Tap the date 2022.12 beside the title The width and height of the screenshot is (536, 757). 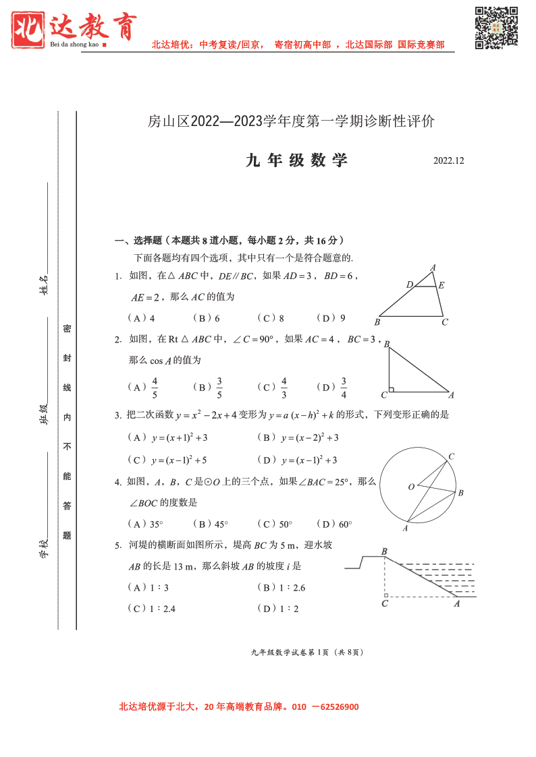[x=449, y=161]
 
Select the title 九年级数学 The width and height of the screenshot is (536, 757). [x=297, y=160]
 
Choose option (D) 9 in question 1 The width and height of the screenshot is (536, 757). [x=331, y=318]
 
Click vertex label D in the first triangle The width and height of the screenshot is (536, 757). [x=409, y=285]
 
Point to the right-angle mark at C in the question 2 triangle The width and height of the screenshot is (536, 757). [x=392, y=389]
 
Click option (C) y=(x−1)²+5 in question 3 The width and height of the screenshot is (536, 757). [x=167, y=460]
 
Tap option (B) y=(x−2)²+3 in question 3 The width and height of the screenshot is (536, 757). [x=298, y=438]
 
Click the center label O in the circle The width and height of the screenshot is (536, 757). [x=410, y=487]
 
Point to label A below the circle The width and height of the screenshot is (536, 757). [x=405, y=528]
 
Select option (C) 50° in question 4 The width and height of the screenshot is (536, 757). [x=275, y=524]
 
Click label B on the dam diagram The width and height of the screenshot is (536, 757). [x=384, y=551]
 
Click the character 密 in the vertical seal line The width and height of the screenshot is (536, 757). [x=67, y=328]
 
